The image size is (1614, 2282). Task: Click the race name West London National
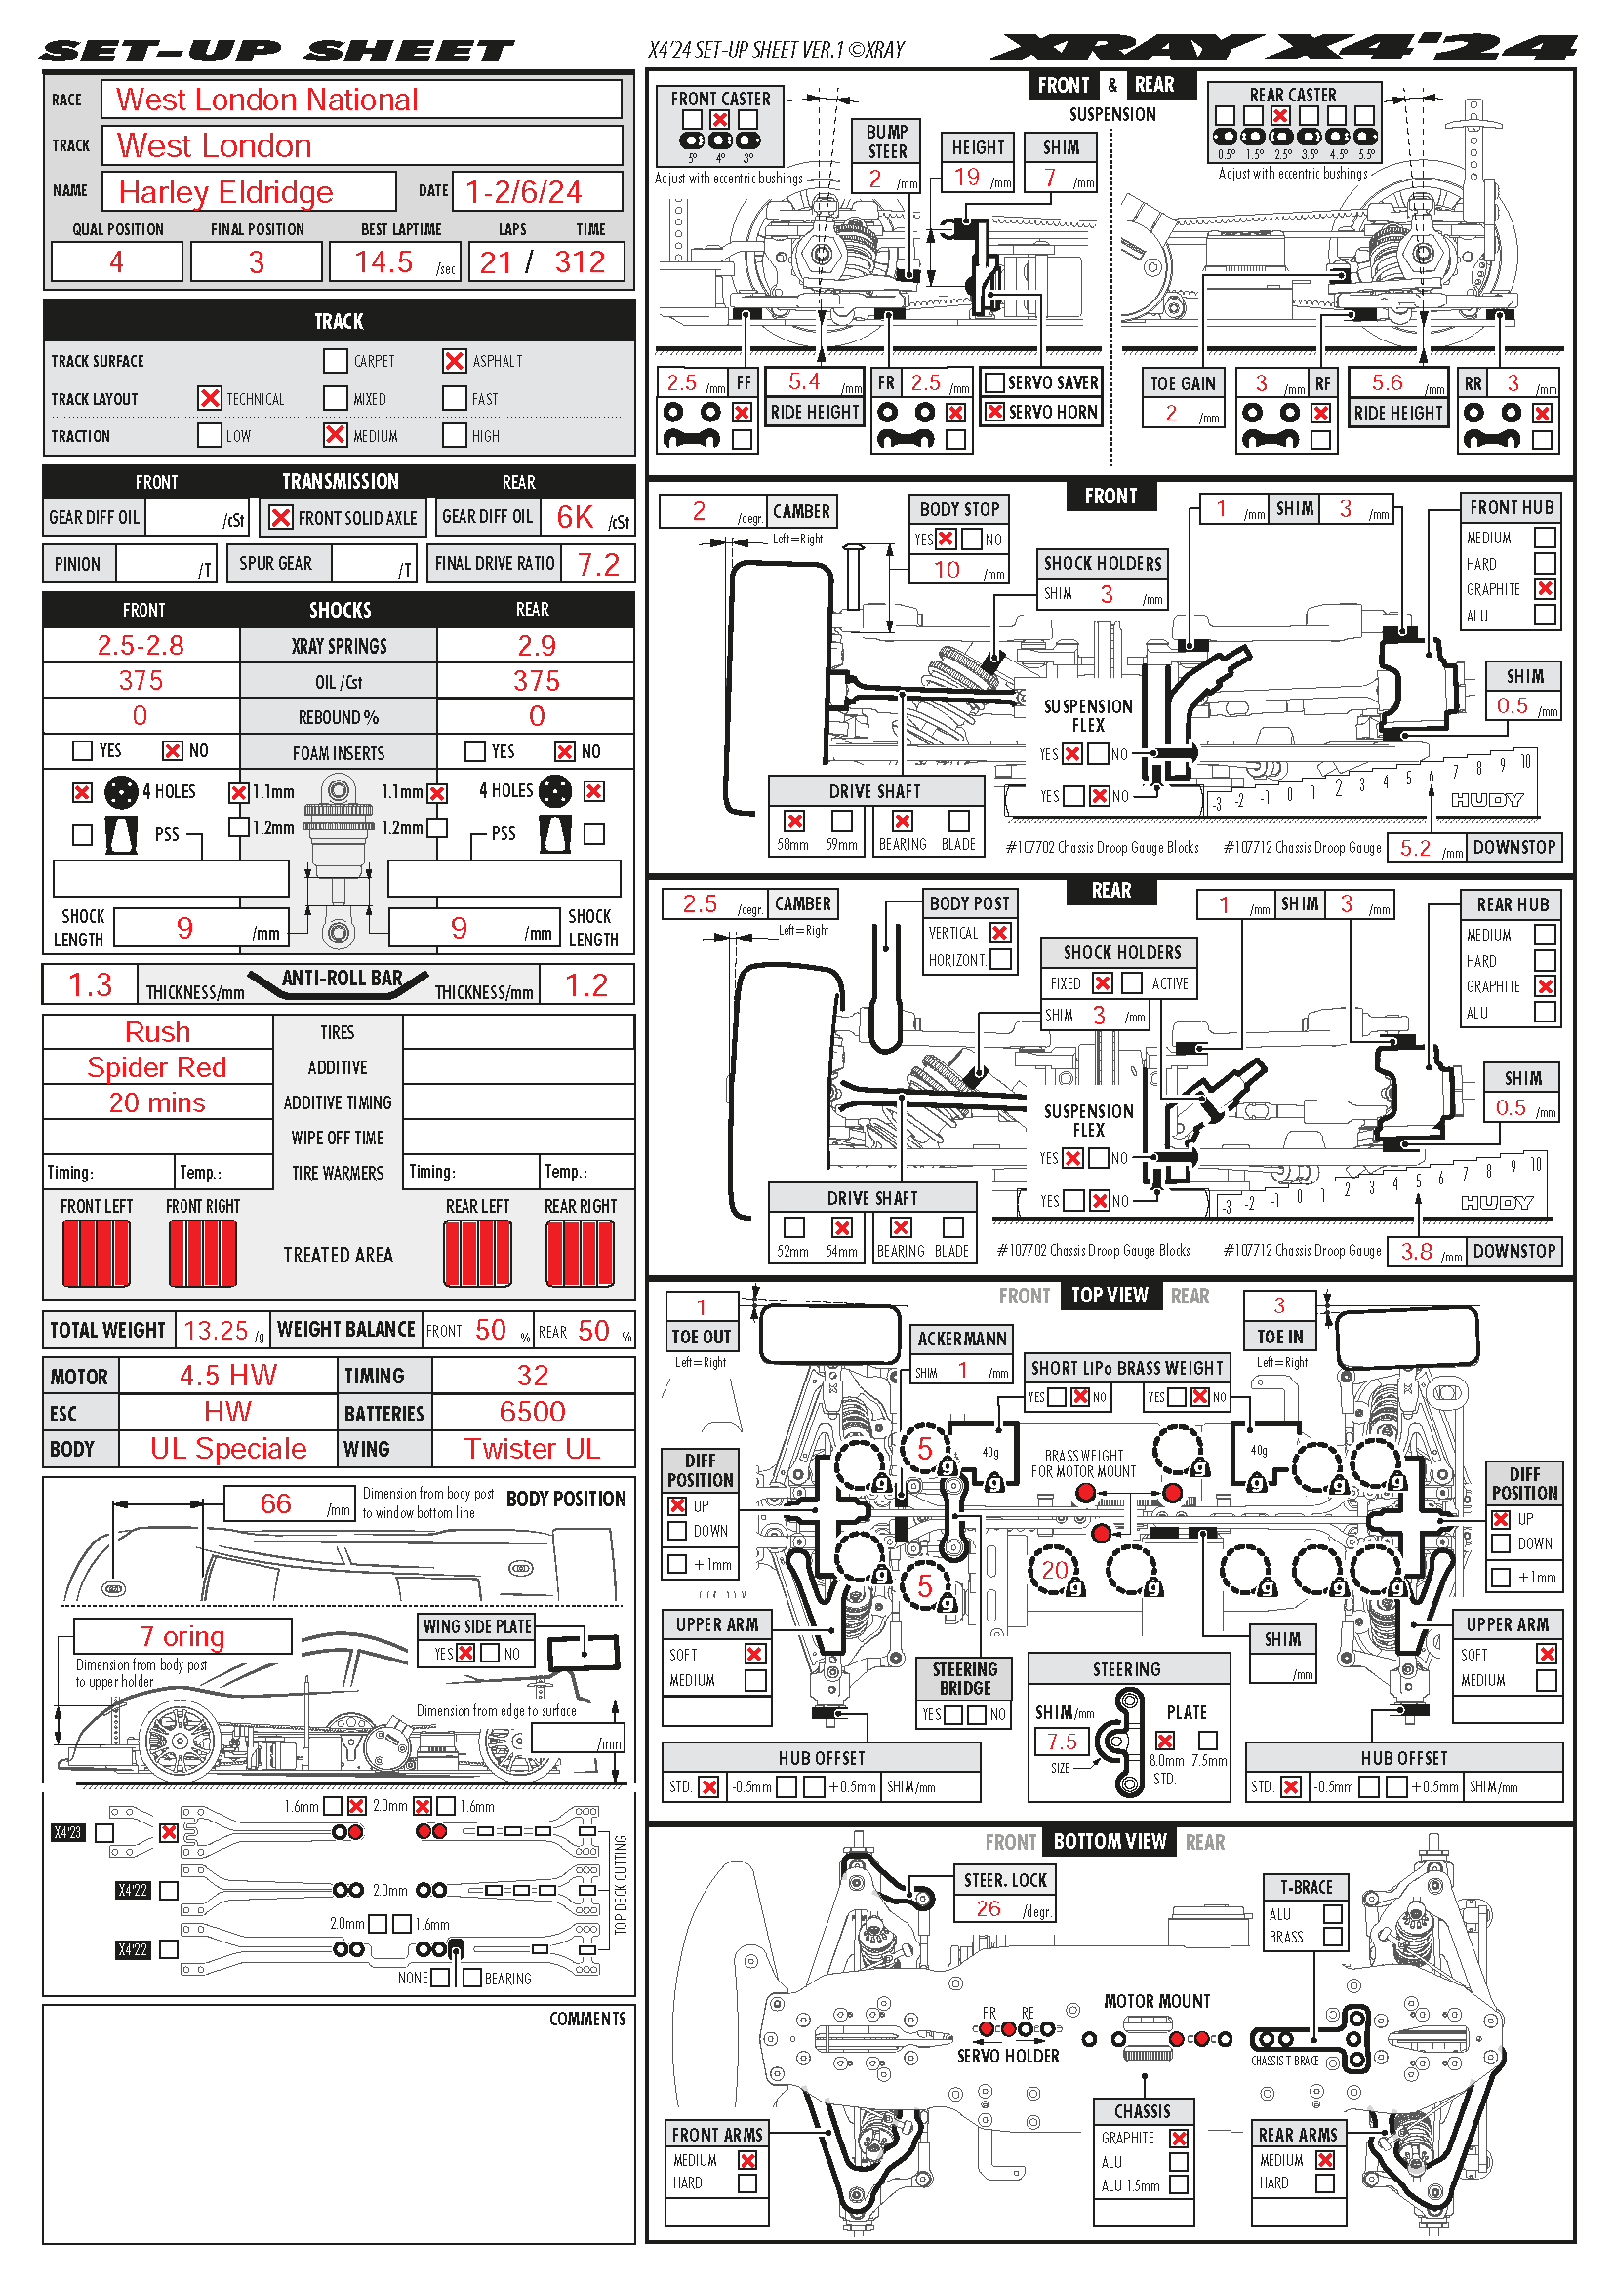(x=266, y=100)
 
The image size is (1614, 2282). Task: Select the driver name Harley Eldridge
(x=225, y=192)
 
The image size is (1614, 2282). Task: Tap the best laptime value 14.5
(x=383, y=261)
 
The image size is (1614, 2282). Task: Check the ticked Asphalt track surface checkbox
(x=454, y=361)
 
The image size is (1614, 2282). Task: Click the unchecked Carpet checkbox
(x=335, y=361)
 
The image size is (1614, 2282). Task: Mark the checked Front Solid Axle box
(x=281, y=518)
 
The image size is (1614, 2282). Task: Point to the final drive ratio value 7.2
(x=598, y=565)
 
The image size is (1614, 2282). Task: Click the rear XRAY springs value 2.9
(x=536, y=645)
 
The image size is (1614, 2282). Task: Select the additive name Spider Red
(x=157, y=1067)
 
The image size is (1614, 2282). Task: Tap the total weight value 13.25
(x=216, y=1330)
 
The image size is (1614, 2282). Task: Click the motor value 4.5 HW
(x=227, y=1376)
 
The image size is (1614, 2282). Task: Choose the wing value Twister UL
(x=532, y=1448)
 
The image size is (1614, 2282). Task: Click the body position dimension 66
(x=275, y=1502)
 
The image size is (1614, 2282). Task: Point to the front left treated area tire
(x=97, y=1254)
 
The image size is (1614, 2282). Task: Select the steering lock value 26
(x=988, y=1907)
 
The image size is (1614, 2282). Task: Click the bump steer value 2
(x=874, y=179)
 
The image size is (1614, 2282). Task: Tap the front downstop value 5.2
(x=1414, y=848)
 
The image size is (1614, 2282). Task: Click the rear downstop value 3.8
(x=1415, y=1252)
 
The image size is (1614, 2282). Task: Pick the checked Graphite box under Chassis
(x=1178, y=2138)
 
